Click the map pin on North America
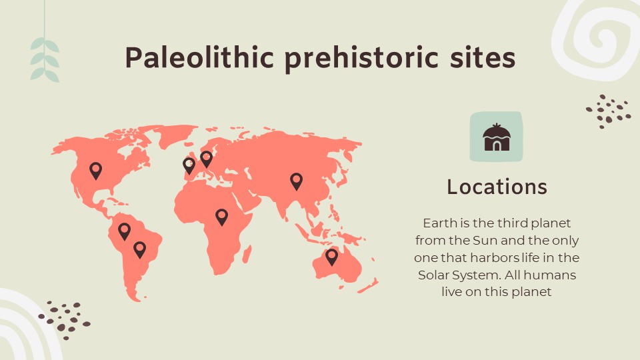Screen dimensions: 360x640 pos(96,170)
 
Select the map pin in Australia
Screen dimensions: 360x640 pos(331,256)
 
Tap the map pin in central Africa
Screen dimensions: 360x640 pos(221,216)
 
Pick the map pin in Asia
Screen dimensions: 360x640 pos(296,180)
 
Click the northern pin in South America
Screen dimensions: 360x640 pos(124,231)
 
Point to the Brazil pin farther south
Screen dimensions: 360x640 pos(139,249)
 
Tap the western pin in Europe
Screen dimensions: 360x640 pos(189,165)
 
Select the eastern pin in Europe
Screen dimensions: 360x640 pos(207,159)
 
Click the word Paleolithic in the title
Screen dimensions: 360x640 pos(199,58)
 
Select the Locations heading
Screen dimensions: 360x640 pos(497,187)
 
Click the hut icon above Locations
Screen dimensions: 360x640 pos(497,137)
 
